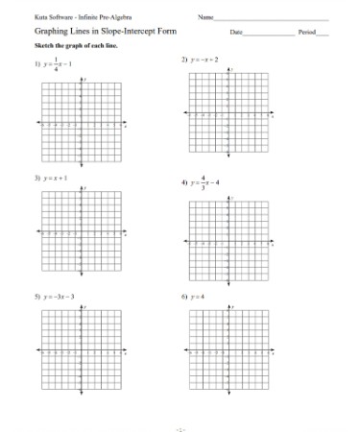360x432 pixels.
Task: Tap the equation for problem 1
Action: tap(60, 64)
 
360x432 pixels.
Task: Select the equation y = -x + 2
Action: tap(204, 60)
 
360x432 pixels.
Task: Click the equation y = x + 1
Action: tap(55, 179)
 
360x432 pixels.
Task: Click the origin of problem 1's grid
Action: tap(82, 124)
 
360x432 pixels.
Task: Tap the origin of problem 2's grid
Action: tap(228, 114)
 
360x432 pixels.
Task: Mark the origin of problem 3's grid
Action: tap(82, 231)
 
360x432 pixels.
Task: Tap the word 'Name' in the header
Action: tap(204, 18)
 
